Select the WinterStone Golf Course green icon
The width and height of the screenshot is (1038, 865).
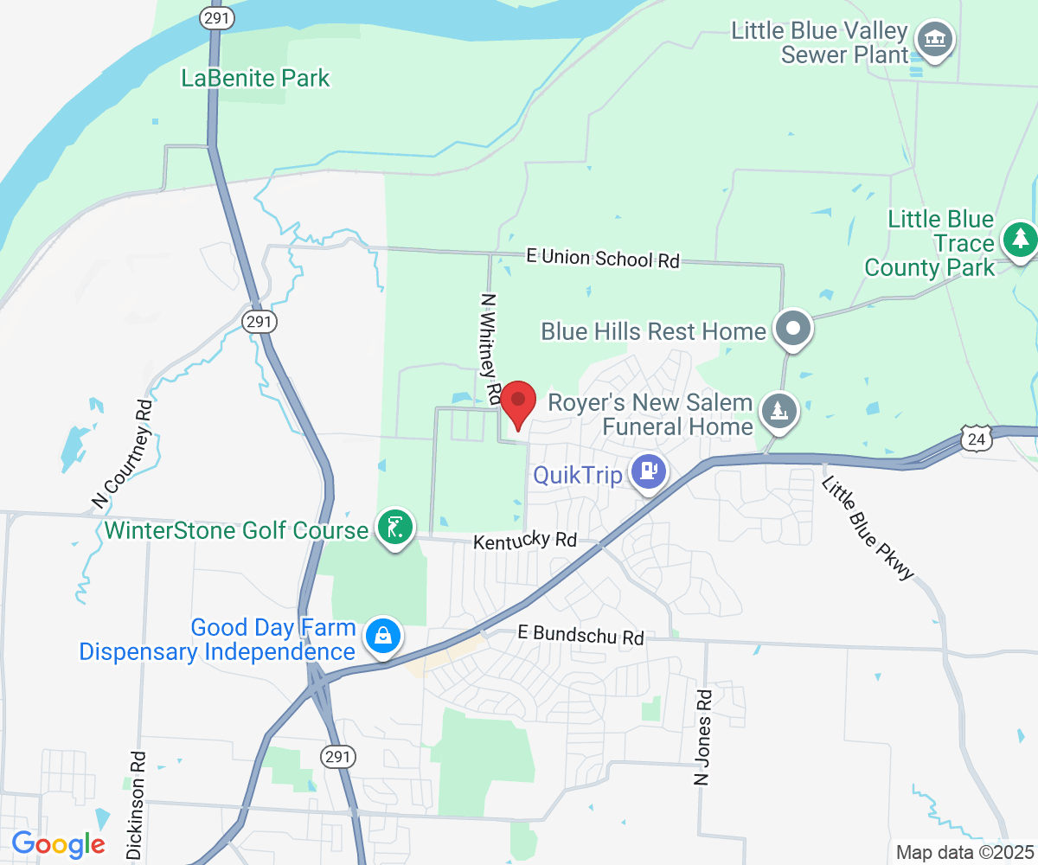point(394,527)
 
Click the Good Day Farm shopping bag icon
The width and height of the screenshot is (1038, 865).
point(382,637)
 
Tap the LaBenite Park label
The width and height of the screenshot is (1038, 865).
point(255,78)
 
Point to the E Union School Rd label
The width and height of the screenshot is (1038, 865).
point(603,258)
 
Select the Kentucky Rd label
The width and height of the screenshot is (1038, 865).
point(525,541)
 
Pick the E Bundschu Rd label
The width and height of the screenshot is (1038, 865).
point(580,635)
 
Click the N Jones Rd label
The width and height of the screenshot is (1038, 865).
point(702,736)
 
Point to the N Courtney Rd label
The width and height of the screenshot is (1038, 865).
point(121,452)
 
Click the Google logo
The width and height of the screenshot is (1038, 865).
point(58,843)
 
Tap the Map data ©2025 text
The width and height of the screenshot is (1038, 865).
point(964,852)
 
